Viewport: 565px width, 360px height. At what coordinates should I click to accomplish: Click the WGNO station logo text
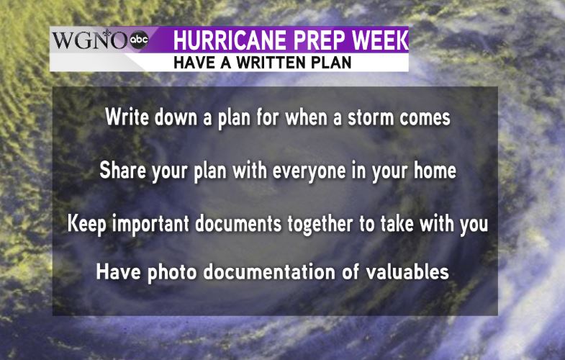tap(90, 40)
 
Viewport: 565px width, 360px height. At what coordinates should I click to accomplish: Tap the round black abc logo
tap(139, 40)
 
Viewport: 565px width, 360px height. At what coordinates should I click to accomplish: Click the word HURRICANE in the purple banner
tap(230, 40)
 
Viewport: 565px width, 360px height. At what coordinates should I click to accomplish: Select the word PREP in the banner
tap(319, 40)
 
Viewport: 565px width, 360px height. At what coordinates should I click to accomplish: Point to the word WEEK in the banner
tap(380, 40)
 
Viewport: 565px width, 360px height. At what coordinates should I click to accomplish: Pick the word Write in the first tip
tap(127, 117)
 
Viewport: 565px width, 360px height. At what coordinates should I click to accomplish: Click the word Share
tap(122, 170)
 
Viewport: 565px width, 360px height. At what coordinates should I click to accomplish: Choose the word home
tap(435, 170)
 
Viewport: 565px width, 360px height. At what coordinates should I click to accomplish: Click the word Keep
tap(87, 224)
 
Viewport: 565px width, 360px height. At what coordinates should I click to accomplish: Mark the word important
tap(150, 224)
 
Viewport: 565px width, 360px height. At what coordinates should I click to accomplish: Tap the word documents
tap(238, 223)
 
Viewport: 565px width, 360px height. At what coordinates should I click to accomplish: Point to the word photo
tap(172, 272)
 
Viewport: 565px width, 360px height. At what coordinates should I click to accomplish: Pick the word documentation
tap(269, 271)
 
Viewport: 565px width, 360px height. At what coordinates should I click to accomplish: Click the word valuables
tap(407, 271)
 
